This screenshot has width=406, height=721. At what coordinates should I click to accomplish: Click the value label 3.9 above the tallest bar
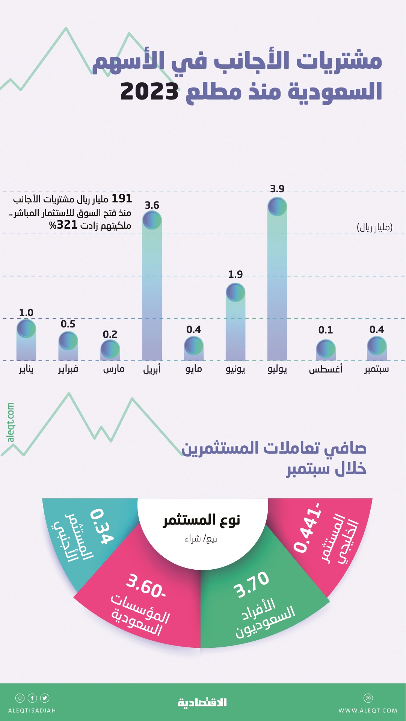tap(277, 189)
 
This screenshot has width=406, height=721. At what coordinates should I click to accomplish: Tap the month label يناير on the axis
tap(26, 369)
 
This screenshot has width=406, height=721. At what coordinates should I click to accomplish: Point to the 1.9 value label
tap(235, 275)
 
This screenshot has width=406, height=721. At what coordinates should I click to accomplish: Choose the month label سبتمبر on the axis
tap(376, 369)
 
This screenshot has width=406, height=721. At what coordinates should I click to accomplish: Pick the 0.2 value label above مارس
tap(110, 334)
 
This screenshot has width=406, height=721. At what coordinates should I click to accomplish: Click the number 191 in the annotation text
tap(122, 198)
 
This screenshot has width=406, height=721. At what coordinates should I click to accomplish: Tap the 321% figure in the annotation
tap(63, 225)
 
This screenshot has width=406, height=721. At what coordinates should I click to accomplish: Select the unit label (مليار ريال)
tap(374, 227)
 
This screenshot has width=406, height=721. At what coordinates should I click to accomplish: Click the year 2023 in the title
tap(149, 91)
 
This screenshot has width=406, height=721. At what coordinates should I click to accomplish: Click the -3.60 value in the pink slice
tap(146, 586)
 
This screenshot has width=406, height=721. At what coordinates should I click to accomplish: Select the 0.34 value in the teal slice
tap(101, 526)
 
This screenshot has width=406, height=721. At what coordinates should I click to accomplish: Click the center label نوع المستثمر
tap(201, 520)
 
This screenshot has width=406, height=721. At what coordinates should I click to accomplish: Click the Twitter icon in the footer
tap(45, 698)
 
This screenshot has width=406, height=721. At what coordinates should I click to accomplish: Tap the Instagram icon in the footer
tap(20, 698)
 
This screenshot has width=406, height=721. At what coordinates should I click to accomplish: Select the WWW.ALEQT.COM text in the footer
tap(368, 710)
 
